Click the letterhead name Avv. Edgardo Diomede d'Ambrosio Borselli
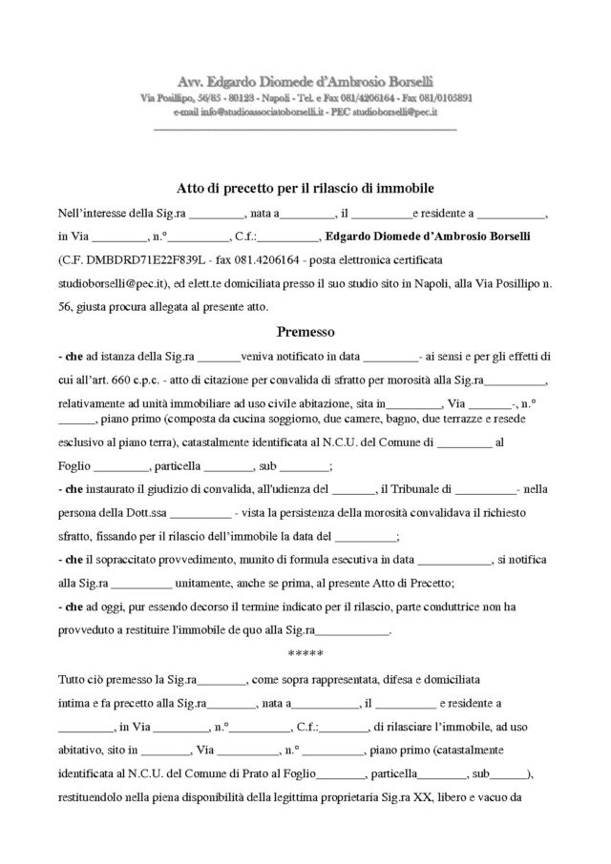click(x=305, y=82)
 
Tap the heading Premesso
click(x=305, y=333)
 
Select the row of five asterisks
click(x=305, y=654)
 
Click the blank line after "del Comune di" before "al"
click(x=464, y=442)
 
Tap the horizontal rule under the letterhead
click(x=305, y=129)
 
